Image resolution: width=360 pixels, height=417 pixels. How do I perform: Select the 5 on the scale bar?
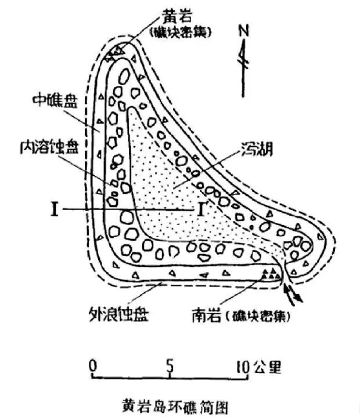170,366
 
